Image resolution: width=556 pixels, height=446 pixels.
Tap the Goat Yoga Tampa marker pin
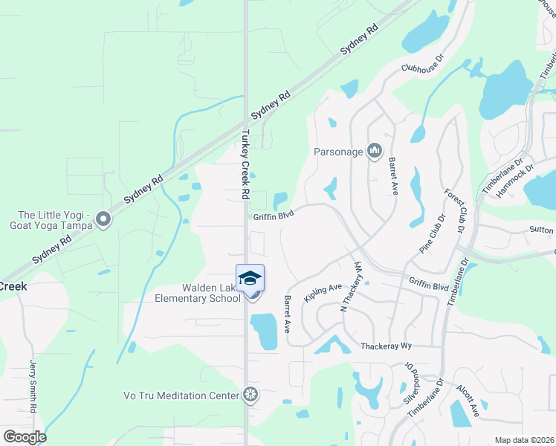pyautogui.click(x=103, y=219)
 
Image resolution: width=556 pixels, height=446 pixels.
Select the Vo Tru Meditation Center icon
pyautogui.click(x=251, y=394)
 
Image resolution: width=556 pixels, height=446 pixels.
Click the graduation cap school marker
pyautogui.click(x=250, y=279)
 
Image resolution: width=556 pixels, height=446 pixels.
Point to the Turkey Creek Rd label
pyautogui.click(x=245, y=166)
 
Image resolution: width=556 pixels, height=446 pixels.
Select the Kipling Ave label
pyautogui.click(x=322, y=291)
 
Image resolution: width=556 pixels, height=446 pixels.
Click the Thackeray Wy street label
pyautogui.click(x=386, y=346)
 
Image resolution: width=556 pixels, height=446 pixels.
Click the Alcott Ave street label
pyautogui.click(x=468, y=403)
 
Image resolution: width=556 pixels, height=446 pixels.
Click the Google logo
pyautogui.click(x=25, y=437)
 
